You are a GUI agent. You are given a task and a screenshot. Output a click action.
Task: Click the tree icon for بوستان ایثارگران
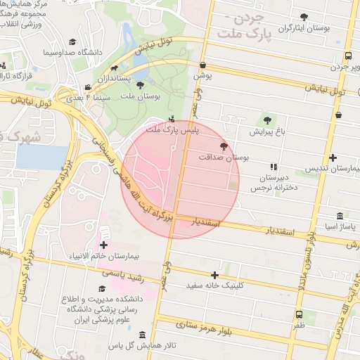coord(304,16)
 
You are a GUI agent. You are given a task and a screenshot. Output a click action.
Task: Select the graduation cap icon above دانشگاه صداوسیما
coord(70,41)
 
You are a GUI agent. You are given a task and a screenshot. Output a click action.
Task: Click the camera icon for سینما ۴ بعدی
coord(87,87)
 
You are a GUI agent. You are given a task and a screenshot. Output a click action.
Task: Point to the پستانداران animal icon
coord(114,68)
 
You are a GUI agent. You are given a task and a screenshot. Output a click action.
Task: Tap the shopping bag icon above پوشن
coord(202,62)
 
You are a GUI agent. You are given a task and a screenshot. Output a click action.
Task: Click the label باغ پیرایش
coord(266,131)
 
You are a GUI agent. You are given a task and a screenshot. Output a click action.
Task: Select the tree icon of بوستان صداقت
coord(224,146)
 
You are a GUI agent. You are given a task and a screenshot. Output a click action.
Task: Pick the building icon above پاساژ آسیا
coord(340,215)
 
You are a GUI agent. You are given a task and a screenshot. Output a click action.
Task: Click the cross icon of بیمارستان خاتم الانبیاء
coord(104,245)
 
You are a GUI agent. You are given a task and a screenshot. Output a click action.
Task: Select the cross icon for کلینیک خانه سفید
coord(214,274)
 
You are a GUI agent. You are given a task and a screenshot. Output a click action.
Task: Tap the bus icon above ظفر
coord(299,314)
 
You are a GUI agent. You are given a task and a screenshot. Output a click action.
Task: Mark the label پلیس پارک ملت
coord(173,130)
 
